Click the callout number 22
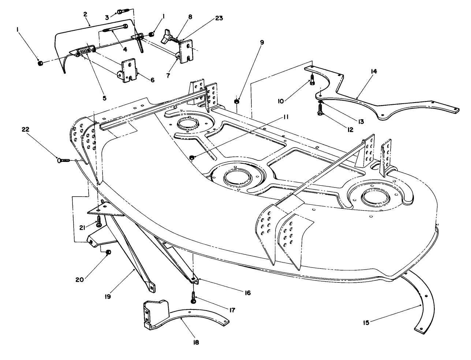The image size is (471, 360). tap(26, 129)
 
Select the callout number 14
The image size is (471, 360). tap(374, 71)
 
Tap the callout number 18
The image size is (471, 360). tap(196, 342)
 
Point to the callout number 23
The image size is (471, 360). tap(219, 18)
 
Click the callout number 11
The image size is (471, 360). tap(285, 117)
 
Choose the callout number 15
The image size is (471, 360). tap(366, 323)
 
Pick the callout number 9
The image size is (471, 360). tap(262, 42)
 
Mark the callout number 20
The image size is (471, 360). tap(79, 280)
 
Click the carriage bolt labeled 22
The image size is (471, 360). tap(64, 160)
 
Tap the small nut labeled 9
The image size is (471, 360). tap(236, 101)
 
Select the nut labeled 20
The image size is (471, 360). tap(108, 252)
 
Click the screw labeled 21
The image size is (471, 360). tap(99, 221)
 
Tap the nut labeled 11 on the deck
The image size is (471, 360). tap(192, 158)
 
